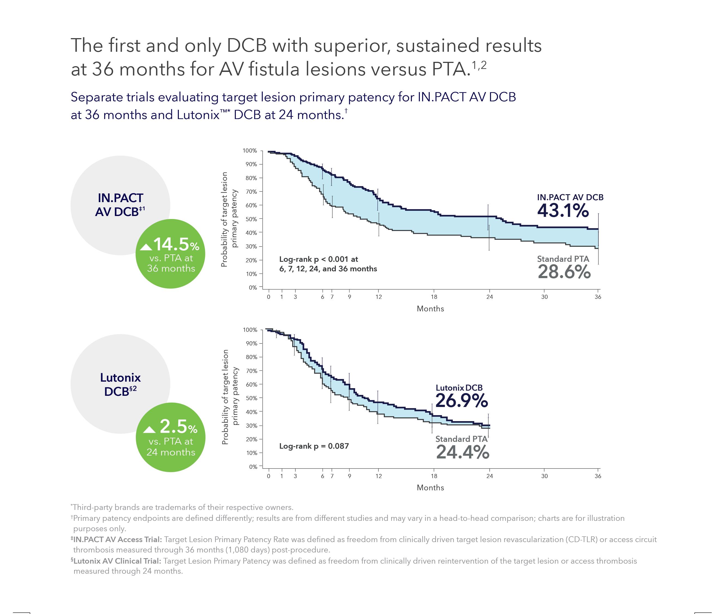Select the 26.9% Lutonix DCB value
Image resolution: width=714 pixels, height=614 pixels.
461,400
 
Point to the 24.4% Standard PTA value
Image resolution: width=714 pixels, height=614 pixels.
462,452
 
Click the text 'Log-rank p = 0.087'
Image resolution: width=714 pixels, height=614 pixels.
314,446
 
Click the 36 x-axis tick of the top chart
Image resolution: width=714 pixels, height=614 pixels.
598,297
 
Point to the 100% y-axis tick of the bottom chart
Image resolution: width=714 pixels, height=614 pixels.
250,330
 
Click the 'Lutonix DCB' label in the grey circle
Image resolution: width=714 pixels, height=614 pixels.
120,384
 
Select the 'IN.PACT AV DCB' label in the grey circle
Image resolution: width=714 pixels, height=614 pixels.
120,205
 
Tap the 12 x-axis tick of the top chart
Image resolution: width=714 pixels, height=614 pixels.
378,297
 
